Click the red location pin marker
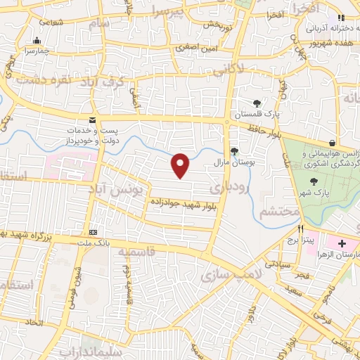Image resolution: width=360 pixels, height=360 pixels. (181, 165)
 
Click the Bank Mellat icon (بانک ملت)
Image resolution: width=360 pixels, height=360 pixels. (94, 232)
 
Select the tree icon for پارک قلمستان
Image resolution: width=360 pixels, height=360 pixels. (257, 103)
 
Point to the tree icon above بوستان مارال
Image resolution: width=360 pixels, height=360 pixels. (234, 150)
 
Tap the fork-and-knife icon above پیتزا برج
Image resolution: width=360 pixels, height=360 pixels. (300, 229)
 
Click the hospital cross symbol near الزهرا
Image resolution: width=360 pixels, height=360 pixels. (342, 243)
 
